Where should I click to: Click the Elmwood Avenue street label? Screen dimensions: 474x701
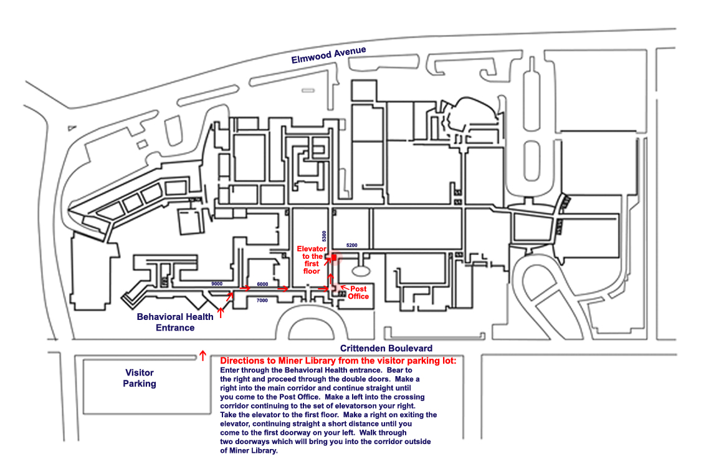pos(328,56)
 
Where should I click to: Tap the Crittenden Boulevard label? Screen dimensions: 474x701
pos(386,348)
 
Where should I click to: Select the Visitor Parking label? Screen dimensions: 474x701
pos(140,378)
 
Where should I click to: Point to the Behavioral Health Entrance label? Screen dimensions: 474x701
pos(175,322)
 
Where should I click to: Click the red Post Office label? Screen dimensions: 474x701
pos(358,293)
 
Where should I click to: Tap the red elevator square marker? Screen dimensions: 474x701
pos(334,257)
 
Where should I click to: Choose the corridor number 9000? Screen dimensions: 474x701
pos(217,284)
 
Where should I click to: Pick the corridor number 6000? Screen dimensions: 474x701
pos(262,284)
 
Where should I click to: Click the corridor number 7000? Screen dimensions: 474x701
pos(262,301)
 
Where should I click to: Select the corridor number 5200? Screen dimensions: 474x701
pos(351,245)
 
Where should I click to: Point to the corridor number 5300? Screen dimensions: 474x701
pos(323,236)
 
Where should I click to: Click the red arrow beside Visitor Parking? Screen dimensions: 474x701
pos(202,356)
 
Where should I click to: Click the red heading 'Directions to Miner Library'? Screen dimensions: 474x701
pos(338,360)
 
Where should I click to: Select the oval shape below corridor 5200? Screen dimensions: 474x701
pos(361,270)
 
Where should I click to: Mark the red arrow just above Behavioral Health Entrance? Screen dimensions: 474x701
pos(220,312)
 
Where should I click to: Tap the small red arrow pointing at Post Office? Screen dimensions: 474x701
pos(343,286)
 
